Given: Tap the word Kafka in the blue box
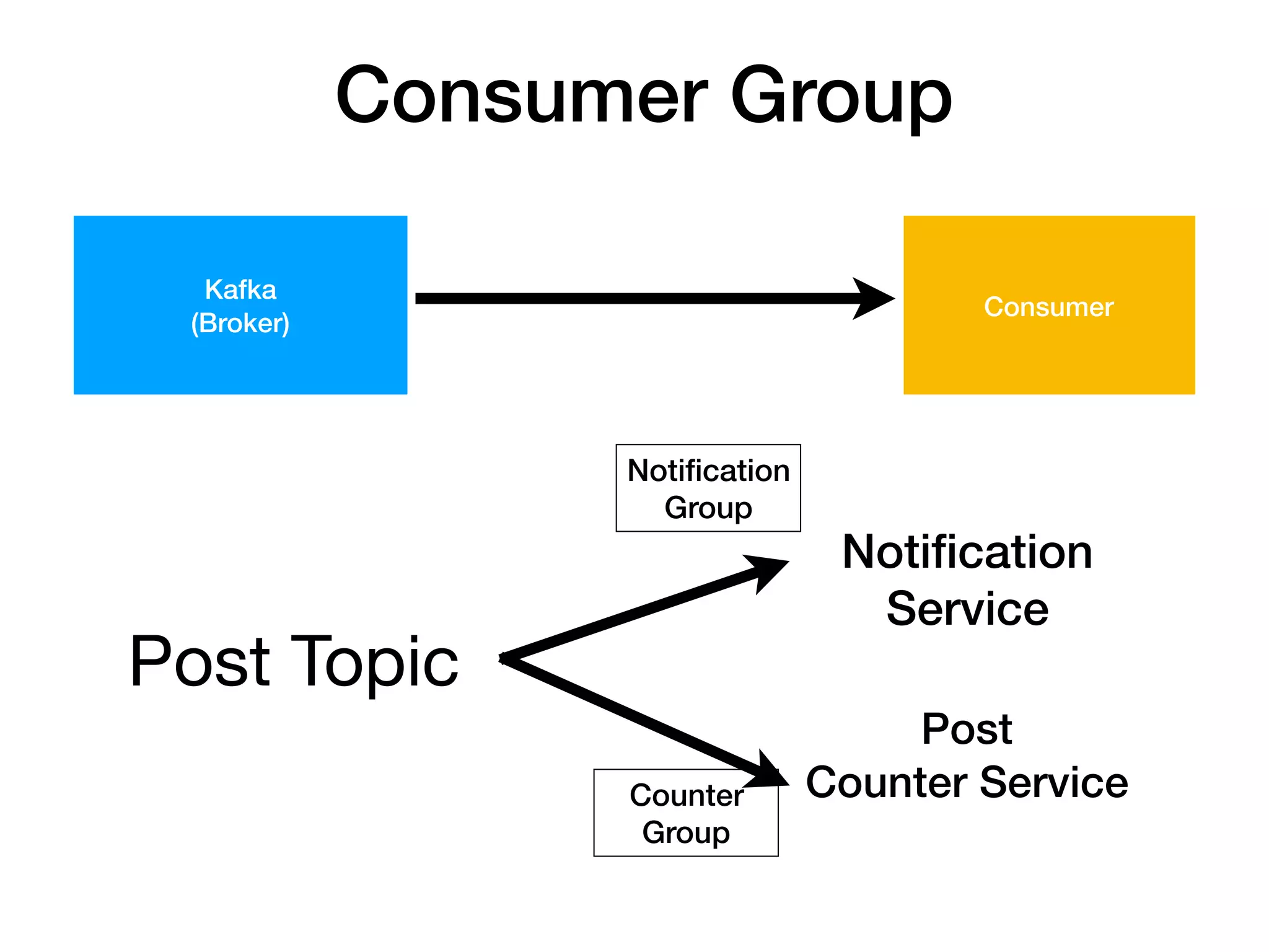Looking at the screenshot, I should coord(240,289).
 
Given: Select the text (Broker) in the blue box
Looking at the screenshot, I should coord(240,323).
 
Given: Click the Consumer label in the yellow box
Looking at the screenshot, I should coord(1048,307).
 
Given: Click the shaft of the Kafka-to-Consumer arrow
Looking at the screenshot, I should coord(632,299).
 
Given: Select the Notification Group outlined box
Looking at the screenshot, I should coord(708,488).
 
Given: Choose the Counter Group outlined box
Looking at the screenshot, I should coord(685,813).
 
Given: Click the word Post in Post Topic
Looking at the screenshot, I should coord(200,662).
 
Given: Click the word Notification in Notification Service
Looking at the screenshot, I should coord(967,552).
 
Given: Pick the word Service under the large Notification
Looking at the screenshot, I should coord(967,609).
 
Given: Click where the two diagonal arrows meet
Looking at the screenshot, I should coord(504,659).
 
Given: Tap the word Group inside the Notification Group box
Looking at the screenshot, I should coord(708,508).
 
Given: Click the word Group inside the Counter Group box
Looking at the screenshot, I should coord(685,832).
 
